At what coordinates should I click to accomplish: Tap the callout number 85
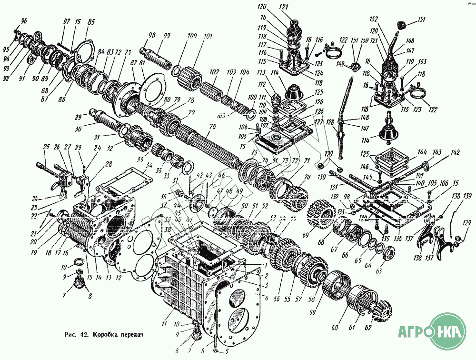91,21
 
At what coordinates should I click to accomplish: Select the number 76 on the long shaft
212,126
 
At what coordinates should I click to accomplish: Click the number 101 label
208,36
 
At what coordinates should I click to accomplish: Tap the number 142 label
456,153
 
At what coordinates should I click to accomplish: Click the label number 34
149,165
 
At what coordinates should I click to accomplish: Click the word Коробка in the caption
108,334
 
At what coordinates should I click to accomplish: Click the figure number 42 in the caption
86,334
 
